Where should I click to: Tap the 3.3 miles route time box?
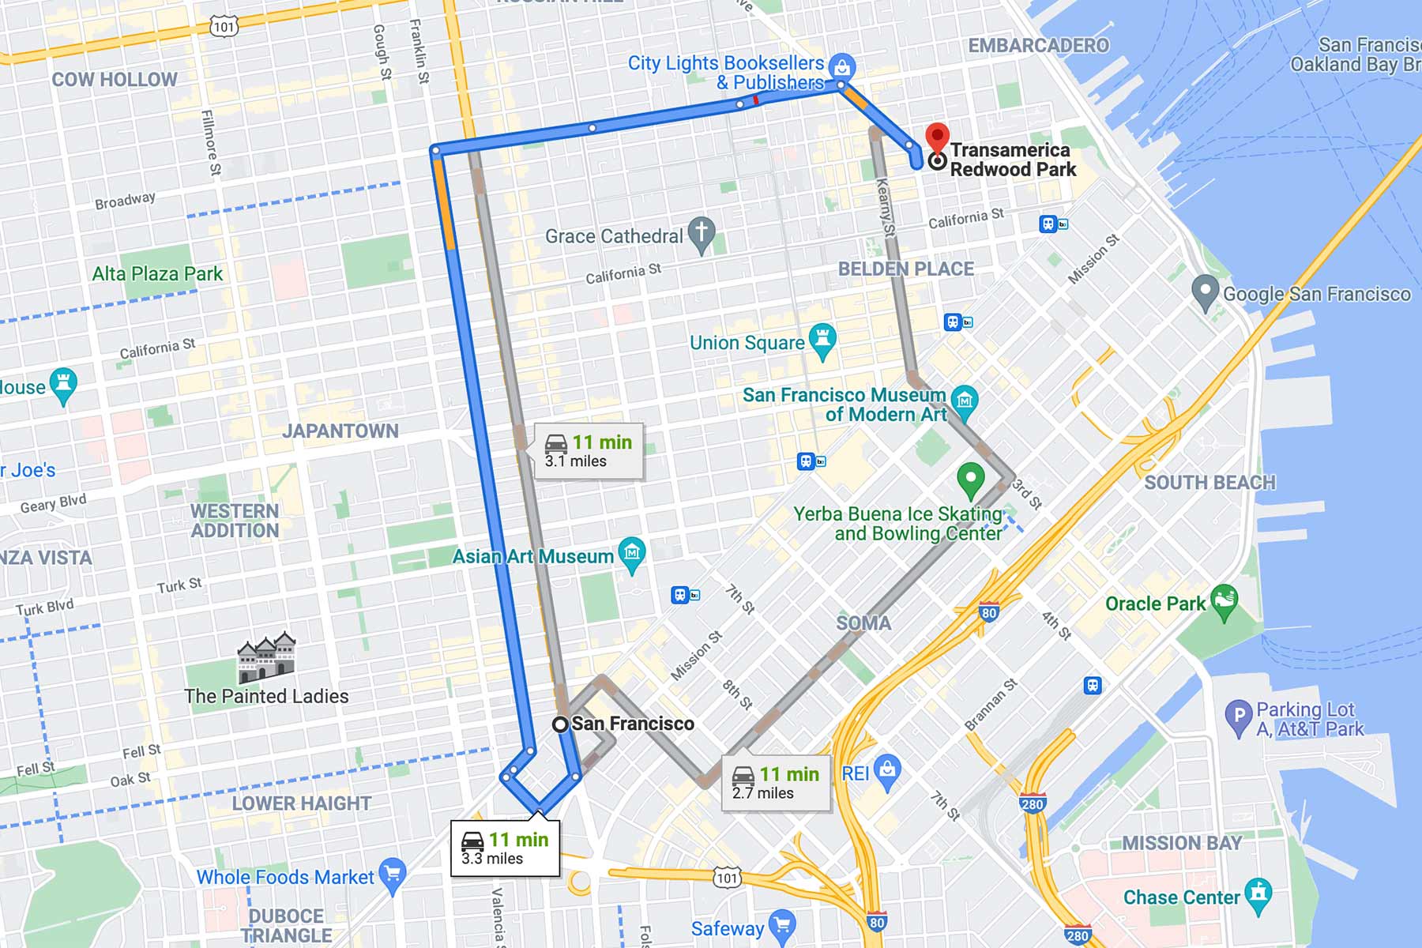[506, 848]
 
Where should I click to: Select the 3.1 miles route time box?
[589, 451]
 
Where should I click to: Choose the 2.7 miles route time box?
[776, 783]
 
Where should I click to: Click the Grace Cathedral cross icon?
[702, 235]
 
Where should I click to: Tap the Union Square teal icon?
[822, 340]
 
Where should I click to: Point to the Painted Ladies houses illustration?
[266, 657]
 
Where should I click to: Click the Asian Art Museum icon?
[632, 554]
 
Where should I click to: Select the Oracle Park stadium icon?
[1224, 602]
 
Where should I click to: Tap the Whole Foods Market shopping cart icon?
[392, 874]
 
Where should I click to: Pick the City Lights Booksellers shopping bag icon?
[842, 67]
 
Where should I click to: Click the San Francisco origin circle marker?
[560, 724]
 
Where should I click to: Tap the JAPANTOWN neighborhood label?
[340, 431]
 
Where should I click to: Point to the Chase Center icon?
[1258, 895]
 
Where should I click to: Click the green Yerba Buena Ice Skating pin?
[970, 477]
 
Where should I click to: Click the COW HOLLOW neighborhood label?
[115, 80]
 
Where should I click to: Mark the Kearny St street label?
[886, 207]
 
